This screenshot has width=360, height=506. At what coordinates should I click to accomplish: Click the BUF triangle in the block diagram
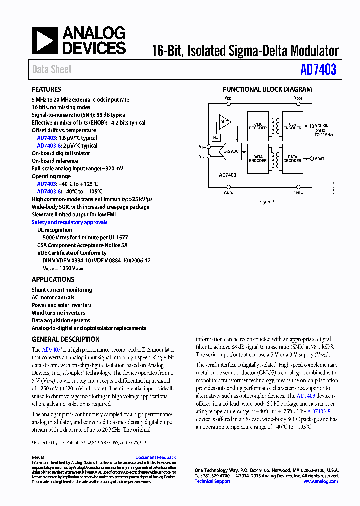225,122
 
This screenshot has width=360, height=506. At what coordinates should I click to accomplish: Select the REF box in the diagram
216,136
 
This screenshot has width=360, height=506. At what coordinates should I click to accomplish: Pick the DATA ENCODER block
258,158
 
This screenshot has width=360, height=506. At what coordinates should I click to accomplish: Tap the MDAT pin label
320,158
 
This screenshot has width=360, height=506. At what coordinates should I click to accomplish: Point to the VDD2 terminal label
298,99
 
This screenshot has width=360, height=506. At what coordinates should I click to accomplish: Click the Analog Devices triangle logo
45,41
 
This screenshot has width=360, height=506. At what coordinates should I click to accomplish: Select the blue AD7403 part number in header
318,70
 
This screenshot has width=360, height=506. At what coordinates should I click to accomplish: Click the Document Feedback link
156,457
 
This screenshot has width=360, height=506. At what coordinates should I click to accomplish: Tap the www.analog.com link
320,481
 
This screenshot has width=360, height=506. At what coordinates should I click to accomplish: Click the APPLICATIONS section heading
53,280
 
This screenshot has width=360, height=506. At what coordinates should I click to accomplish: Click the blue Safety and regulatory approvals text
69,222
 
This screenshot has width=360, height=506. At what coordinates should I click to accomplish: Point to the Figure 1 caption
266,202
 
